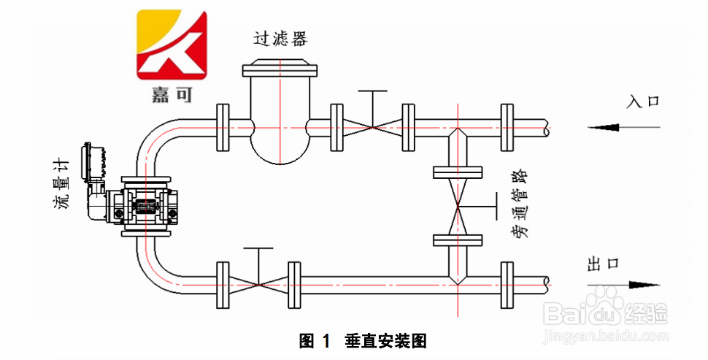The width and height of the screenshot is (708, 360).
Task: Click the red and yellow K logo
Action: click(x=172, y=45)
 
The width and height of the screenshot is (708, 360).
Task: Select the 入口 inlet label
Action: click(x=642, y=101)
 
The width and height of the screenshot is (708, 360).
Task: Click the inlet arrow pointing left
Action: click(x=613, y=128)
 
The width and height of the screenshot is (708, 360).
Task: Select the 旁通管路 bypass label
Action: click(x=519, y=206)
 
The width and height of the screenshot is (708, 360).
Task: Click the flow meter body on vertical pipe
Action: click(x=150, y=207)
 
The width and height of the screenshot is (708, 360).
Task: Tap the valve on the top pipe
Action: click(x=373, y=126)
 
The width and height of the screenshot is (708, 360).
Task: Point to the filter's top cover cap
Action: click(x=280, y=69)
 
